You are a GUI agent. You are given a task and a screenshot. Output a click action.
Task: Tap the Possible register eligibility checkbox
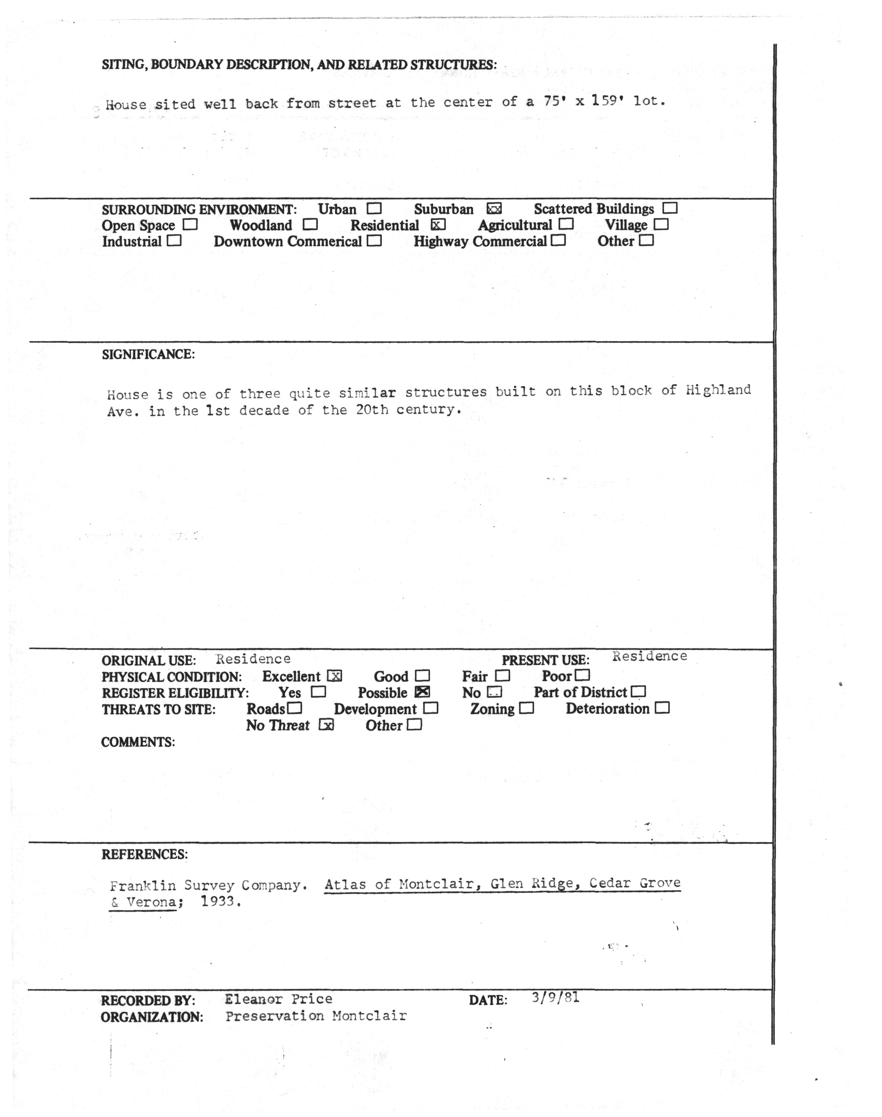[423, 692]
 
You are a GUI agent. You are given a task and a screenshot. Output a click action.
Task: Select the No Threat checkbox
[326, 725]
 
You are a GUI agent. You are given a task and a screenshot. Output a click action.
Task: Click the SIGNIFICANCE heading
[148, 355]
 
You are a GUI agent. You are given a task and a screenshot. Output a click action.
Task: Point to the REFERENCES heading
[145, 854]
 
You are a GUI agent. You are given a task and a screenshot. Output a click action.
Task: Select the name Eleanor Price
[278, 999]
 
